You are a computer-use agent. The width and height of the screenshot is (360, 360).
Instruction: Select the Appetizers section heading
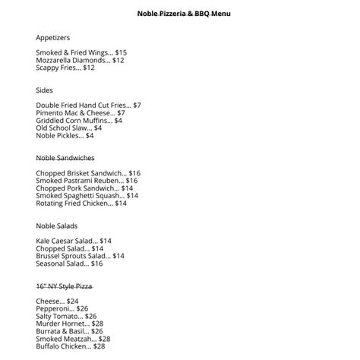[x=53, y=36]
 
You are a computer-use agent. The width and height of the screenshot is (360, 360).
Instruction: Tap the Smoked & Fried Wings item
[x=81, y=52]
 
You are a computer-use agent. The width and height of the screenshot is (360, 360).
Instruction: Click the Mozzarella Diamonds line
[x=80, y=60]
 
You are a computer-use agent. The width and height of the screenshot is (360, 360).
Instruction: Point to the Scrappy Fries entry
[x=65, y=68]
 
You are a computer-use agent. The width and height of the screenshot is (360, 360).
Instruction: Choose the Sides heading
[x=44, y=90]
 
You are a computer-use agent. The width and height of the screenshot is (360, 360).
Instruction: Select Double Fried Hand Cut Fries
[x=88, y=105]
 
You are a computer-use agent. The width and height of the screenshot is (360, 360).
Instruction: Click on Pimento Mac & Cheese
[x=80, y=112]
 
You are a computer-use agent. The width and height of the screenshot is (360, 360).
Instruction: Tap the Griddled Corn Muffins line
[x=79, y=120]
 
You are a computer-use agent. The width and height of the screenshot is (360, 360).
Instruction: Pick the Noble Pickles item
[x=65, y=135]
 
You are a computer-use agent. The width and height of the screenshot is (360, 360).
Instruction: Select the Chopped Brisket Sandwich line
[x=88, y=173]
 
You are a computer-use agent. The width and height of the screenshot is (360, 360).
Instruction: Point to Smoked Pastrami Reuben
[x=87, y=181]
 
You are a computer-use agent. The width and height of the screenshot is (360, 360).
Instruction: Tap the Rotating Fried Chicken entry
[x=81, y=203]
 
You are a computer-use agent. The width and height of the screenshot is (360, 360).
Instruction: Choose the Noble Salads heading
[x=57, y=226]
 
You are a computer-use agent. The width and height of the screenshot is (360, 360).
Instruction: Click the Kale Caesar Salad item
[x=74, y=241]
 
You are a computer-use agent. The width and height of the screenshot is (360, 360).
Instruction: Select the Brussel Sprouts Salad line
[x=80, y=256]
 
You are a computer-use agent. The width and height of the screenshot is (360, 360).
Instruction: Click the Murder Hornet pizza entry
[x=68, y=324]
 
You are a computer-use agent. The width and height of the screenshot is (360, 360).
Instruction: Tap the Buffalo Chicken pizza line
[x=71, y=346]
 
